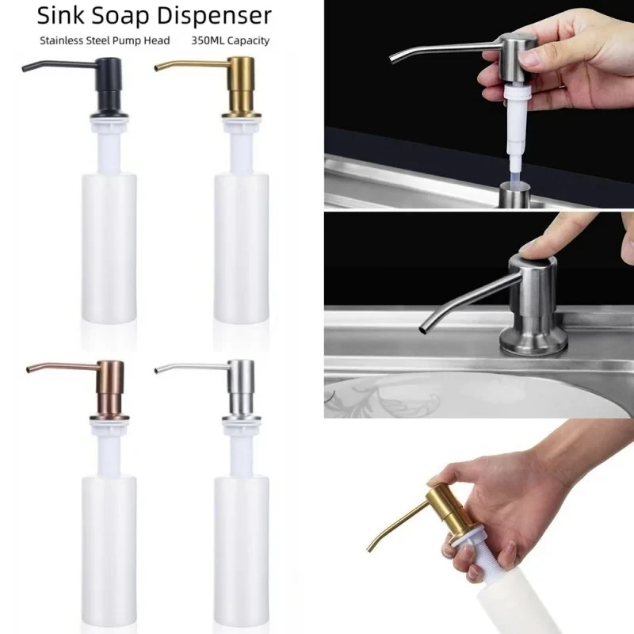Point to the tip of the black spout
click(25, 72)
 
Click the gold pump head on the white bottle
click(242, 87)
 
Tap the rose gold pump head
click(110, 388)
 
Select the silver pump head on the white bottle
click(242, 388)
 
